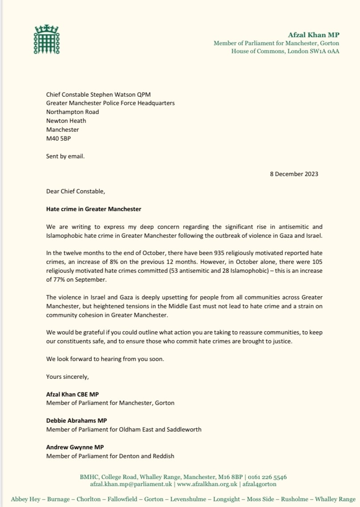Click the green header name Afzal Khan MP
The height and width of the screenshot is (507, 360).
pyautogui.click(x=313, y=35)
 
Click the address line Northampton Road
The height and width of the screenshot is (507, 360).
pyautogui.click(x=72, y=112)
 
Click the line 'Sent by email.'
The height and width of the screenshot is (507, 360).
pyautogui.click(x=65, y=156)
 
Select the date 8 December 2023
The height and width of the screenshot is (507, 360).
pyautogui.click(x=293, y=174)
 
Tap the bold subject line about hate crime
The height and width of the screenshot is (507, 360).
pyautogui.click(x=94, y=208)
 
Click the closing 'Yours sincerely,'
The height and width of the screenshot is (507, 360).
pyautogui.click(x=67, y=377)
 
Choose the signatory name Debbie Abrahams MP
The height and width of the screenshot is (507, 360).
pyautogui.click(x=76, y=420)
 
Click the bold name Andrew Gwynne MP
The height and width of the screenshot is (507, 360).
pyautogui.click(x=75, y=447)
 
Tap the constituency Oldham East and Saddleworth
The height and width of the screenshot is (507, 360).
pyautogui.click(x=163, y=429)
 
